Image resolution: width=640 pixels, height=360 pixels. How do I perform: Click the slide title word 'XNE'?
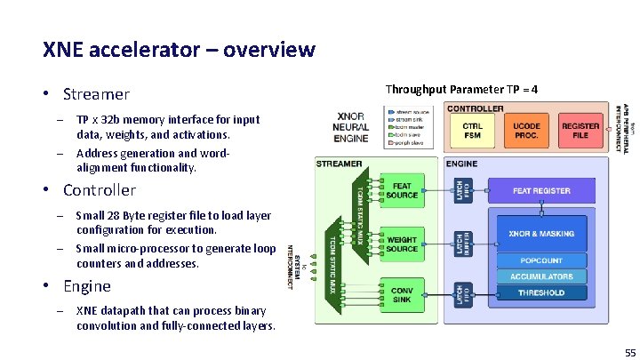click(x=61, y=49)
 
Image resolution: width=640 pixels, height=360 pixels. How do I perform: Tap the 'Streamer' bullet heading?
click(x=96, y=94)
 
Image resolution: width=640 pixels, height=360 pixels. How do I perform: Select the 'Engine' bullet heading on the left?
click(x=86, y=286)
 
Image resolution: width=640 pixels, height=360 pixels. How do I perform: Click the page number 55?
click(x=629, y=352)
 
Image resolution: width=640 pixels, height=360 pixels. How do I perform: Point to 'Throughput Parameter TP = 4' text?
click(x=460, y=90)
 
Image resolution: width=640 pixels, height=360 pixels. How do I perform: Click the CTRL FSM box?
click(x=473, y=132)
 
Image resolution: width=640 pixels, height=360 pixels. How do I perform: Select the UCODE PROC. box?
click(x=526, y=132)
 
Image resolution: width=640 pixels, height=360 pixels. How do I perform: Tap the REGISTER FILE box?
click(x=580, y=132)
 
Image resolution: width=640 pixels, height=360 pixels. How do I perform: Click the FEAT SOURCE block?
click(x=402, y=190)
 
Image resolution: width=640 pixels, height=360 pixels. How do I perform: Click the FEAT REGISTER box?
click(x=541, y=190)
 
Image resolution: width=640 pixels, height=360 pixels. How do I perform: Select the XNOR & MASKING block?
click(x=541, y=234)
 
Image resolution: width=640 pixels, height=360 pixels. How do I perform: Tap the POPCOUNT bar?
click(x=541, y=260)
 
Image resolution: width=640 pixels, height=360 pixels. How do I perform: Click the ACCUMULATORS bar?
click(x=541, y=276)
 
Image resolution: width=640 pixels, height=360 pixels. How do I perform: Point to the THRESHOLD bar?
click(x=541, y=292)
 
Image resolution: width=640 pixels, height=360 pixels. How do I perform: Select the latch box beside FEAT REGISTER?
click(x=460, y=190)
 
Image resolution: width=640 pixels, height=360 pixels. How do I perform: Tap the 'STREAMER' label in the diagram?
click(x=340, y=164)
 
